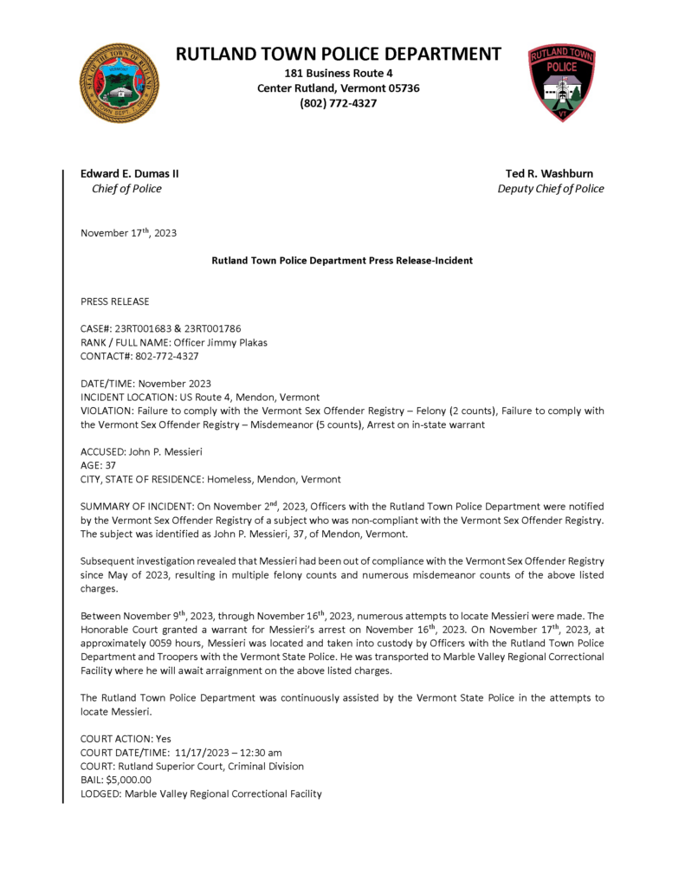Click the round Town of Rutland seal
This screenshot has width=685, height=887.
[120, 83]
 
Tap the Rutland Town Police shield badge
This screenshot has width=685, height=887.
[562, 82]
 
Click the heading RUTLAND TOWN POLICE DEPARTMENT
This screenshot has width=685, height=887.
[339, 54]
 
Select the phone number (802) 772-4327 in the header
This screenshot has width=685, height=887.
[339, 104]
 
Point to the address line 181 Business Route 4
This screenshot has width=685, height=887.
[339, 73]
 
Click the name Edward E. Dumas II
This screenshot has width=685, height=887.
[130, 173]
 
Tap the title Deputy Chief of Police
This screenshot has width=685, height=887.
[551, 189]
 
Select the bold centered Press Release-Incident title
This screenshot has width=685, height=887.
[342, 261]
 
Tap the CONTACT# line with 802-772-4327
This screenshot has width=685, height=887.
[139, 356]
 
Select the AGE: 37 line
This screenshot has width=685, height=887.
[99, 465]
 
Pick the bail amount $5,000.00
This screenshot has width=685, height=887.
[133, 780]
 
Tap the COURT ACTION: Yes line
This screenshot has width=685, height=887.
[126, 739]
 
